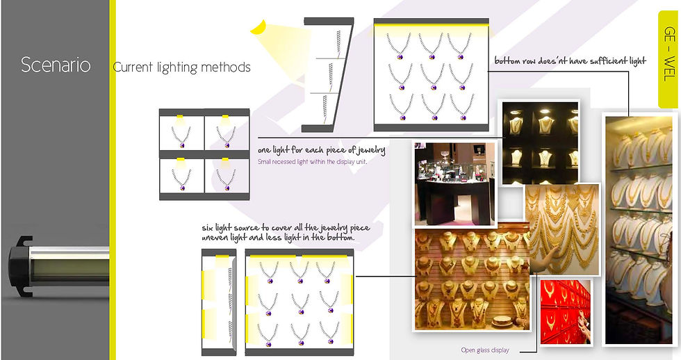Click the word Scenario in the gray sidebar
tap(56, 65)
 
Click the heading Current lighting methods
tap(181, 67)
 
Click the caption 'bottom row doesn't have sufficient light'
tap(571, 60)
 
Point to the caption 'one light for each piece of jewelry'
tap(321, 150)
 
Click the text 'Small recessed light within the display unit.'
tap(312, 162)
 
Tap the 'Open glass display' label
tap(485, 350)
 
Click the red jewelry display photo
tap(566, 312)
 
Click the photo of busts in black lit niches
tap(541, 142)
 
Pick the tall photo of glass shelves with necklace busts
tap(639, 230)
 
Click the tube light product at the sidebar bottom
tap(58, 267)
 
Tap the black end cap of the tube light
tap(20, 267)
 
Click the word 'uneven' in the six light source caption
tap(216, 238)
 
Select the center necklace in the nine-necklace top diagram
tap(432, 76)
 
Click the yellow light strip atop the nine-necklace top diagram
tap(432, 26)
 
